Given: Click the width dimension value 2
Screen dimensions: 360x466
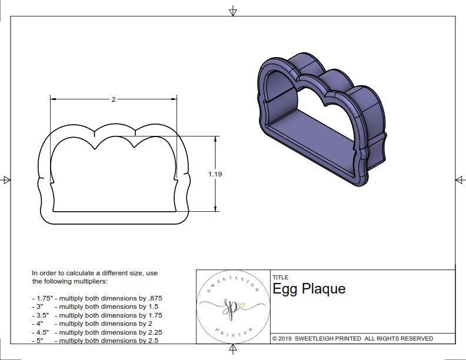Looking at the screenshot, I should click(113, 99).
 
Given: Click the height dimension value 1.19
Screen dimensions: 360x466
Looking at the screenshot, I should click(215, 174).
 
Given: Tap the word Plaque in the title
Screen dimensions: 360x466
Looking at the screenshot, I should click(324, 289).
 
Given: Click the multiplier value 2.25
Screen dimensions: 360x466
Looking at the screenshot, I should click(154, 332).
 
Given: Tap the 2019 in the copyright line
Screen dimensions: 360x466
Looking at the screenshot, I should click(286, 338).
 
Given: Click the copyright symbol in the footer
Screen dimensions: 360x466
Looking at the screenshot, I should click(275, 338).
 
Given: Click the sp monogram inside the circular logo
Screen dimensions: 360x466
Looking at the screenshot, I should click(231, 306).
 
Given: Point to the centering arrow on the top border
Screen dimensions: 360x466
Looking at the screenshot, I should click(233, 11).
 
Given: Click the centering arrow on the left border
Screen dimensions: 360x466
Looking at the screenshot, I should click(6, 179).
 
